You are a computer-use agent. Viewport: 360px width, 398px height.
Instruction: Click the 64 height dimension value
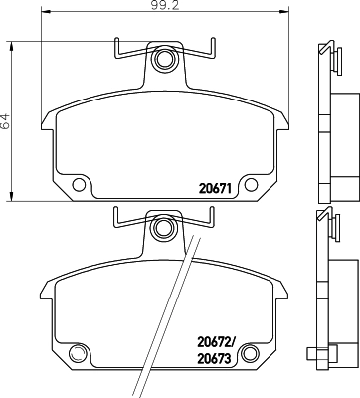[x=6, y=122]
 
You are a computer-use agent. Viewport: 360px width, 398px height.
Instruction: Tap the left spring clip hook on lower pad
[x=117, y=213]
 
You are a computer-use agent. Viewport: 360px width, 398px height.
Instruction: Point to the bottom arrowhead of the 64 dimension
[x=11, y=193]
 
